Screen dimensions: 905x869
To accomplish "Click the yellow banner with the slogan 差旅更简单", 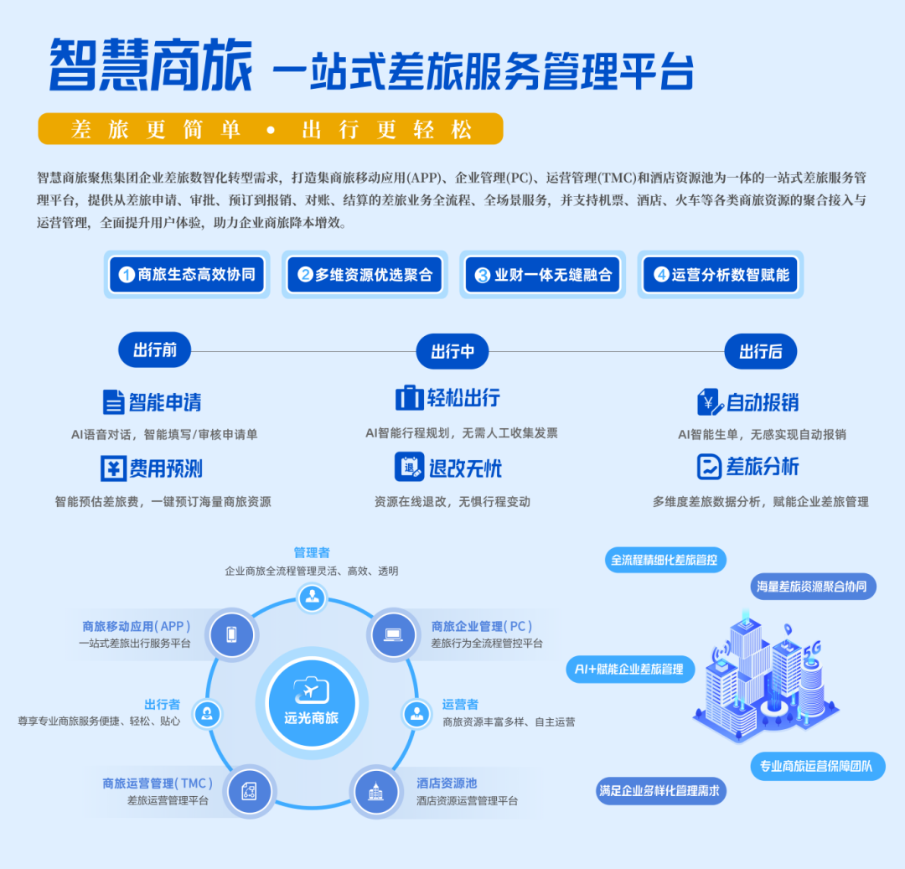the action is point(271,129).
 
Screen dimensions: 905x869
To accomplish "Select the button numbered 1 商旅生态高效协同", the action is point(187,275).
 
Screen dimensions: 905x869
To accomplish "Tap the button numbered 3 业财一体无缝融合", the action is point(542,275).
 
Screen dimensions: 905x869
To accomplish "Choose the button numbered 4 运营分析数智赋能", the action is point(721,275).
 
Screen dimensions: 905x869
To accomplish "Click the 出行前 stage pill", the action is point(155,349).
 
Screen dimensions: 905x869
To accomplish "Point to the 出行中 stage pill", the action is point(452,351).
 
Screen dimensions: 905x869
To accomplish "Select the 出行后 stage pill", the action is point(761,351).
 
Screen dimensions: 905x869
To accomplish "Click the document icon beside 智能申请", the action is point(114,402).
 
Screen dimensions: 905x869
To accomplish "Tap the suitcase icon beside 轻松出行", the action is point(409,397).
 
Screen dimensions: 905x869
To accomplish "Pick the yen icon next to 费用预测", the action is point(113,468).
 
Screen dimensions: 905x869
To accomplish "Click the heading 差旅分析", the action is point(763,467).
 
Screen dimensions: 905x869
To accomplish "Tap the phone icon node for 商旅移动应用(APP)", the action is point(231,634).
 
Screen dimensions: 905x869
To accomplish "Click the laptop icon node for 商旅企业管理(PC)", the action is point(394,634).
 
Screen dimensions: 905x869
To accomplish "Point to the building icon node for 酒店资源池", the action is point(375,792).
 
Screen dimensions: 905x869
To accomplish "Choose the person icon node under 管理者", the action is point(313,597).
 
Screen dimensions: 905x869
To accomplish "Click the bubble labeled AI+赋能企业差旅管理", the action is point(630,670).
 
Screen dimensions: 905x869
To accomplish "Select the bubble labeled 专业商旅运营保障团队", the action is point(818,766).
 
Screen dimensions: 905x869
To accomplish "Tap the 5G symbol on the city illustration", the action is point(811,649).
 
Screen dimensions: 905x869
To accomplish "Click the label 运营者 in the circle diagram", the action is point(460,704).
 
